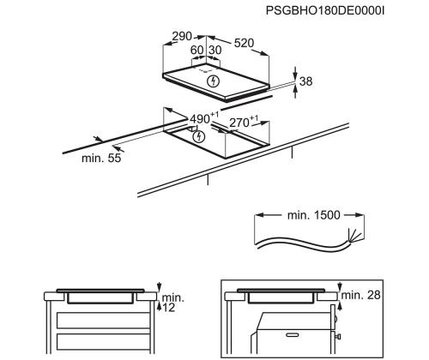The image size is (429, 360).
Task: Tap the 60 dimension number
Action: tap(197, 51)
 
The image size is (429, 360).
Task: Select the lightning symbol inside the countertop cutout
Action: tap(199, 135)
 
